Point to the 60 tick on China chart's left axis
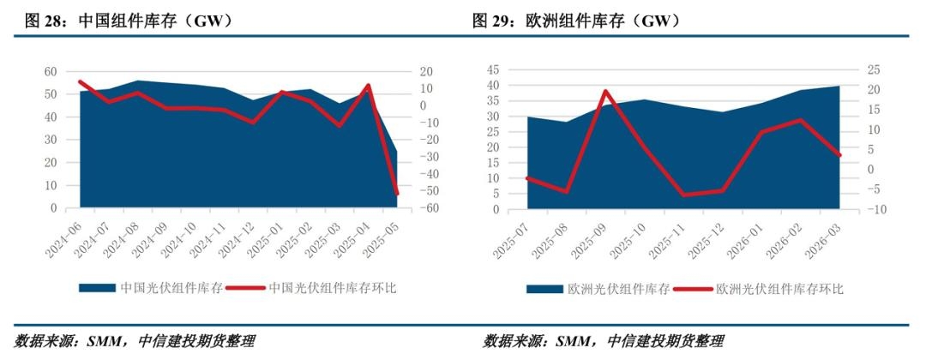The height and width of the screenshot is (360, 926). pyautogui.click(x=51, y=71)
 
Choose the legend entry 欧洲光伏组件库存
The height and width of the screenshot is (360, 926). pyautogui.click(x=618, y=289)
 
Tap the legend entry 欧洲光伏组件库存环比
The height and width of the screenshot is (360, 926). pyautogui.click(x=779, y=289)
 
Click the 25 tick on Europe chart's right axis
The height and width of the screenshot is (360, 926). pyautogui.click(x=863, y=70)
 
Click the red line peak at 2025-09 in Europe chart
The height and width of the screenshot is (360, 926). pyautogui.click(x=605, y=91)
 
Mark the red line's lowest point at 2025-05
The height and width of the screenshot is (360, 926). pyautogui.click(x=397, y=193)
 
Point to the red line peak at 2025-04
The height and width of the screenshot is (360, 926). pyautogui.click(x=368, y=86)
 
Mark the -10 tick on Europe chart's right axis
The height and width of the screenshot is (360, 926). pyautogui.click(x=860, y=209)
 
